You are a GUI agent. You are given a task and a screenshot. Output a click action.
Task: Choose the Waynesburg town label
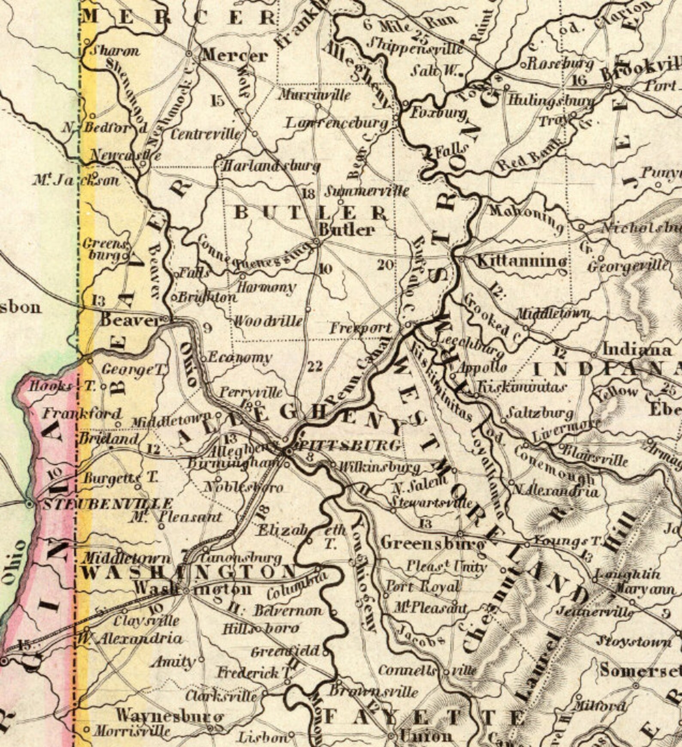pyautogui.click(x=170, y=716)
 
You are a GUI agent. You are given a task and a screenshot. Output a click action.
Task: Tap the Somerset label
pyautogui.click(x=640, y=670)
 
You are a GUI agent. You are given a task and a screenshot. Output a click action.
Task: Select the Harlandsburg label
pyautogui.click(x=271, y=166)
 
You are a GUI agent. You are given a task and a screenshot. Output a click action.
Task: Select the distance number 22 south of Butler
pyautogui.click(x=315, y=366)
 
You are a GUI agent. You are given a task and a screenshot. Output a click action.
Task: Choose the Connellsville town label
pyautogui.click(x=427, y=671)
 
